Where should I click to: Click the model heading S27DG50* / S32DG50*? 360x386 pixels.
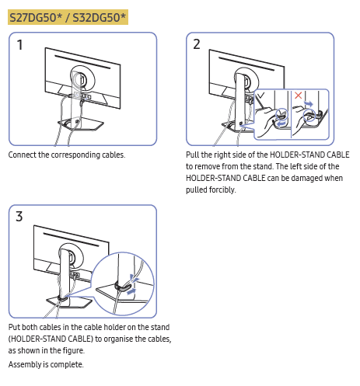click(68, 17)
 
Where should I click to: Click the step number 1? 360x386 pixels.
click(19, 44)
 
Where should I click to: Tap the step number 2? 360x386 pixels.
click(197, 44)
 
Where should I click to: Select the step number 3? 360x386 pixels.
click(19, 217)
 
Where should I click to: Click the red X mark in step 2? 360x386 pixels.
click(298, 96)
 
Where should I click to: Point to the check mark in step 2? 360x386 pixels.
click(260, 96)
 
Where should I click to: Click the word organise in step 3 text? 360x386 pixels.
click(120, 339)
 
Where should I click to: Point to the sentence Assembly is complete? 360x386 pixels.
click(46, 364)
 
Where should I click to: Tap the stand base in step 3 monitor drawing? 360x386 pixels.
click(69, 301)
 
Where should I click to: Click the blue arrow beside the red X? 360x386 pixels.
click(309, 104)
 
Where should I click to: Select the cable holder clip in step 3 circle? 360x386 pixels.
click(124, 287)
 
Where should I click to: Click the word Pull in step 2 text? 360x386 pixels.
click(193, 155)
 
